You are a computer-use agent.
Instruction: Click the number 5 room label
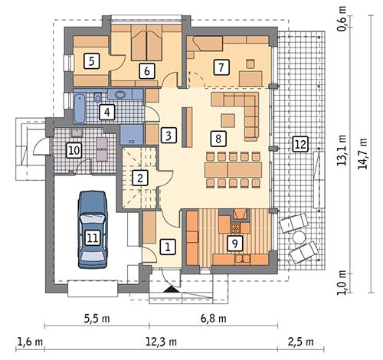(90, 61)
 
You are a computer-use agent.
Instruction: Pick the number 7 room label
(222, 67)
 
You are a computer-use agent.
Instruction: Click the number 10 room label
(73, 149)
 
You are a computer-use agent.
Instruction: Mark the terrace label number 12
(300, 143)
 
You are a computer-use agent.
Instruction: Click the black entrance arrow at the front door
(170, 290)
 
